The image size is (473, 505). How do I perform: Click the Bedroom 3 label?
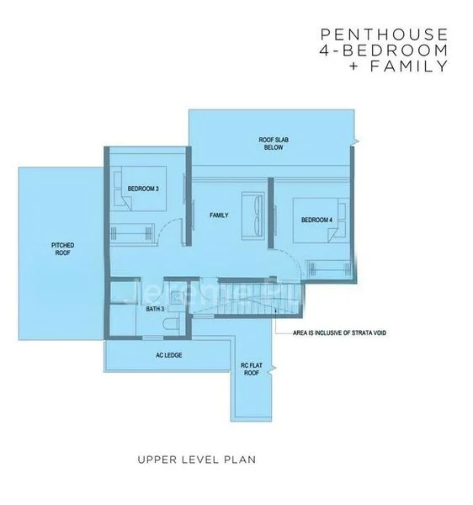[143, 189]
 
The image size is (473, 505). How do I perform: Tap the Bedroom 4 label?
[316, 220]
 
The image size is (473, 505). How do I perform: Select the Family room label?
[219, 215]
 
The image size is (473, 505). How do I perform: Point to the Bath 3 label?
[155, 309]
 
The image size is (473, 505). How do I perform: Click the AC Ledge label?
[168, 355]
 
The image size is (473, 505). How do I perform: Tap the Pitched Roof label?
[63, 249]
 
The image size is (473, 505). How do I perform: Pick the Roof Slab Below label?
[274, 144]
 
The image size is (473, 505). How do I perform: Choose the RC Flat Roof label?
[252, 369]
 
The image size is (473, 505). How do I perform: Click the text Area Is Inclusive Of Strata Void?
[339, 332]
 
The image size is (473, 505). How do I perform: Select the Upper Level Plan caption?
[197, 460]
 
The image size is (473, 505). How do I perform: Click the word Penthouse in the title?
[384, 35]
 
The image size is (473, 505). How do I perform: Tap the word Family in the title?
[409, 66]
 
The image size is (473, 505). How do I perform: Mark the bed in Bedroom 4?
[322, 221]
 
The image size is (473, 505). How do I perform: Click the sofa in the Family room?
[253, 215]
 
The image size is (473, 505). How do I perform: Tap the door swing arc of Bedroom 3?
[165, 226]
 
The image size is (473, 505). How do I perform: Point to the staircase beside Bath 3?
[246, 297]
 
